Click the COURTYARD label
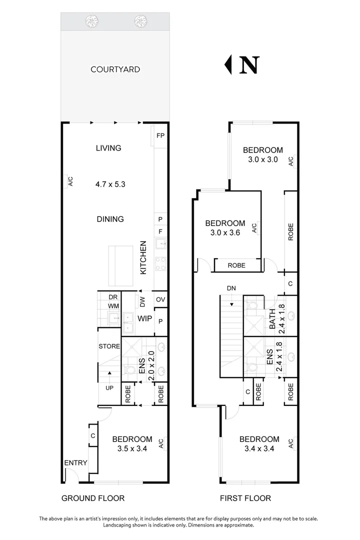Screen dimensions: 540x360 115,69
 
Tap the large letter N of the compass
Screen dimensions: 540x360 248,64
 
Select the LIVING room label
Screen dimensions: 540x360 108,148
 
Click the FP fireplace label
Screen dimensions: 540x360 160,136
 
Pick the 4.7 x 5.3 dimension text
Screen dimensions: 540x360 110,184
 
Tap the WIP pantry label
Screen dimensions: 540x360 145,318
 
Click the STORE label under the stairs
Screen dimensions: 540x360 109,346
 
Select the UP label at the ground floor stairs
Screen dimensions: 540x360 109,387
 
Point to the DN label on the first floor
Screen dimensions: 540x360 231,289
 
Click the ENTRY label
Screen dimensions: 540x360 76,463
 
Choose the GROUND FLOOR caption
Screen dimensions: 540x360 92,498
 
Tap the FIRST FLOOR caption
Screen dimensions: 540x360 245,498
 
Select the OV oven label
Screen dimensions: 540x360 160,299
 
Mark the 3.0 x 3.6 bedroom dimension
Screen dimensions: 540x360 225,232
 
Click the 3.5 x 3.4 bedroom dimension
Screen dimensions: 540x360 129,448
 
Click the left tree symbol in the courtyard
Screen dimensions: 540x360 92,21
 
